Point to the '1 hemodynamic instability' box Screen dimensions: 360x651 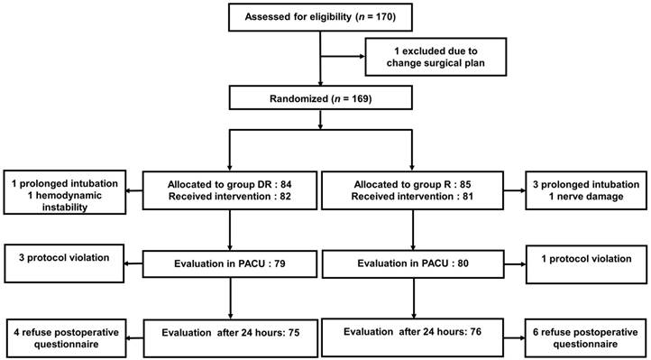pyautogui.click(x=64, y=190)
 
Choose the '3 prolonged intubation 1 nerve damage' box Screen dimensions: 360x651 pyautogui.click(x=585, y=190)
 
